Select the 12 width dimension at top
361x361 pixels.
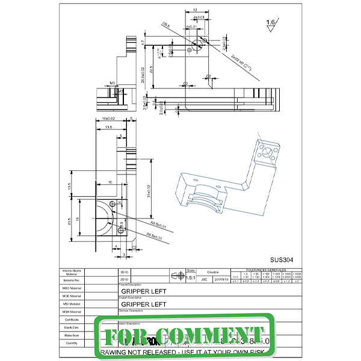[196, 10]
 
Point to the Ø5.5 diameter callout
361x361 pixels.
[166, 25]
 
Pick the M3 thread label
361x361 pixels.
[113, 82]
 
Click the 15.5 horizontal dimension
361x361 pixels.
[108, 128]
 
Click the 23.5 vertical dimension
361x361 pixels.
[70, 221]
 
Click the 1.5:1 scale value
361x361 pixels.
[191, 278]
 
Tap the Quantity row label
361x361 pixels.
[72, 343]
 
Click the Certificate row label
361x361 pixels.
[72, 319]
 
